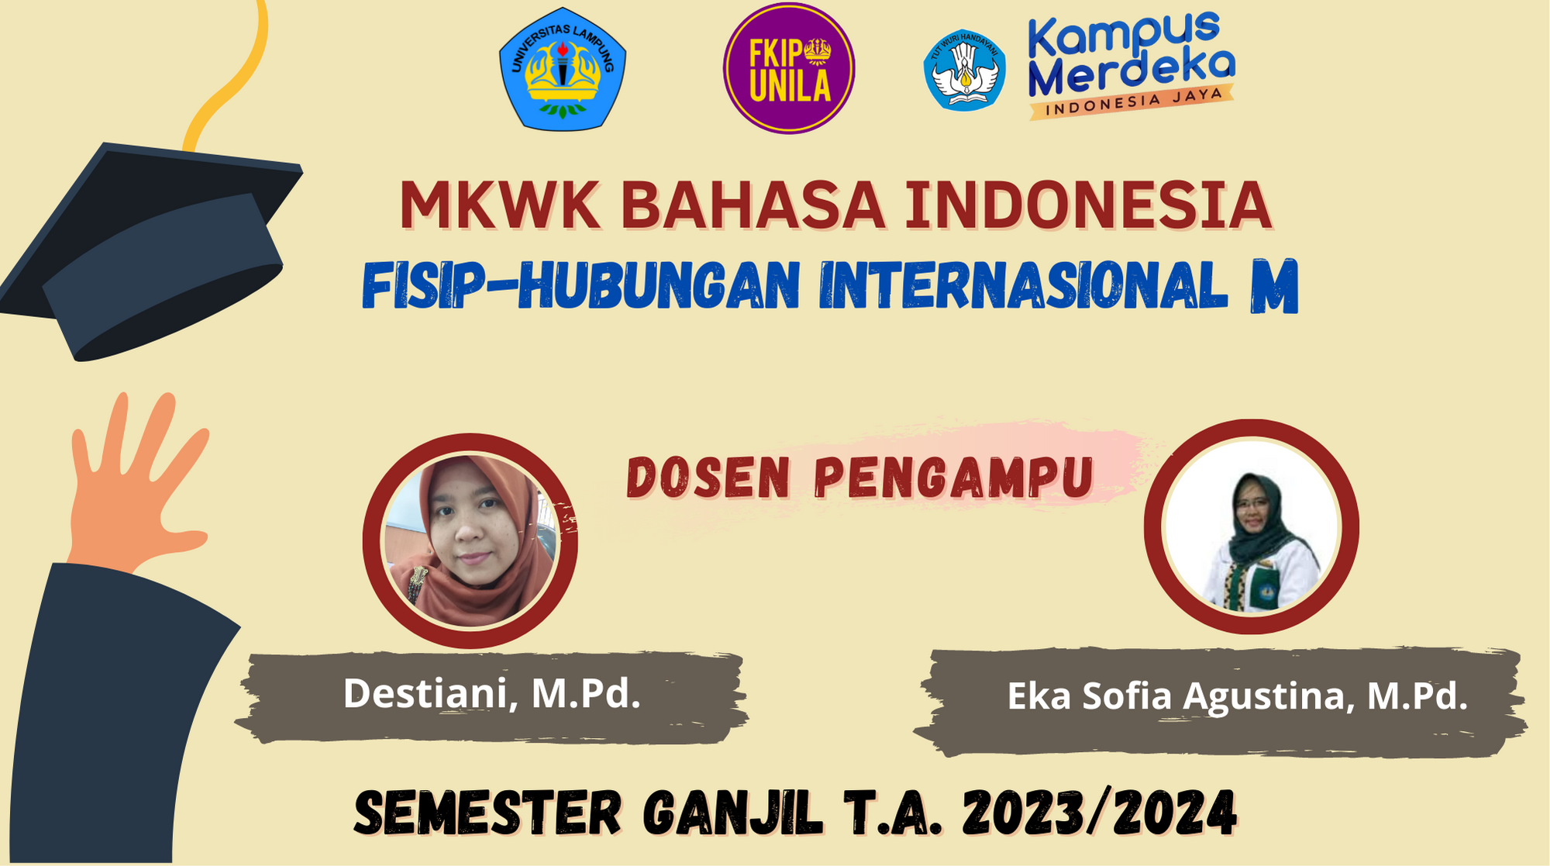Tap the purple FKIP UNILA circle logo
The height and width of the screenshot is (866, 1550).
(x=789, y=68)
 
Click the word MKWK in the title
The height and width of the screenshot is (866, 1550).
(x=500, y=205)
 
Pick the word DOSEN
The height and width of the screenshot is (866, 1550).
(x=708, y=478)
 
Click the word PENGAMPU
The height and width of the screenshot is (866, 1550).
(x=954, y=478)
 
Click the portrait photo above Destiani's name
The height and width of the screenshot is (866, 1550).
(x=470, y=540)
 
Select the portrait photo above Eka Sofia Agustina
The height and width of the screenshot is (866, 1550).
(x=1252, y=527)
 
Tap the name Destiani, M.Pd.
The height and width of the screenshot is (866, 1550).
(x=492, y=693)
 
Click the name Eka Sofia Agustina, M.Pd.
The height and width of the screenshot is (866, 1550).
(x=1237, y=696)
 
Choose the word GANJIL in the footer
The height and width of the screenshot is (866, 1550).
(x=732, y=813)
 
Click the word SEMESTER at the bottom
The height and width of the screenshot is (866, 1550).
(x=488, y=813)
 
